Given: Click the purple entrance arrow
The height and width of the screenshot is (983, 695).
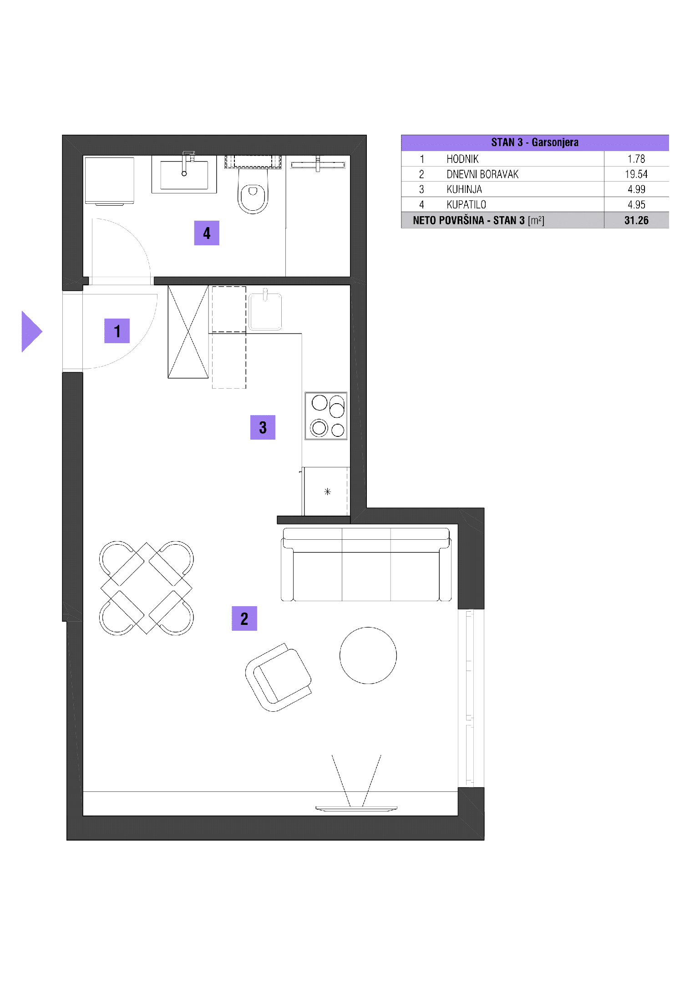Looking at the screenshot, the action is [x=31, y=331].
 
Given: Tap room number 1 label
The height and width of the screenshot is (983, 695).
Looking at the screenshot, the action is [x=117, y=331].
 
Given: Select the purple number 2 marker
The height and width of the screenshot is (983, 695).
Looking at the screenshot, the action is [x=244, y=618].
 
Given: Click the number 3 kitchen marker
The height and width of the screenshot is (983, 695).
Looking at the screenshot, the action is [x=263, y=427].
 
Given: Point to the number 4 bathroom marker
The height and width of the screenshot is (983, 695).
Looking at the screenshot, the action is [x=207, y=233].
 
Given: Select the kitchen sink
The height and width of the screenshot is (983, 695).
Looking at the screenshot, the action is [x=265, y=311].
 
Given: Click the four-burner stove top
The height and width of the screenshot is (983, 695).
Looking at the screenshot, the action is [x=326, y=416].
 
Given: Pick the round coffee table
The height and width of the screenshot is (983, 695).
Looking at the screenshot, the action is [x=368, y=655].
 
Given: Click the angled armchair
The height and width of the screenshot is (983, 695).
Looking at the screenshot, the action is [x=278, y=677].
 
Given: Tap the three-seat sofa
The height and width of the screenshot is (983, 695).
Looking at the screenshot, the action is [x=366, y=564].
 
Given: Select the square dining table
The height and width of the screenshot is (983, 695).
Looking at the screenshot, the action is [x=147, y=588].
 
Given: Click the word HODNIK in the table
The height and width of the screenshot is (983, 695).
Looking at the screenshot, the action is [x=462, y=159].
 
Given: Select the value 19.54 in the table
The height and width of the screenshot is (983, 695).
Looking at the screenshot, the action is [x=636, y=174].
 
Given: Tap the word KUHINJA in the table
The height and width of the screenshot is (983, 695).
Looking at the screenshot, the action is [x=464, y=189].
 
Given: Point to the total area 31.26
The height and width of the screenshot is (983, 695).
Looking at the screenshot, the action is [x=636, y=220].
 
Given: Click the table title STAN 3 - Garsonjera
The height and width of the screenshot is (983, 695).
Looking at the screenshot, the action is [x=535, y=142].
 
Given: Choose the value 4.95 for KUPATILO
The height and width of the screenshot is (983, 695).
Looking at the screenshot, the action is [x=636, y=205].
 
